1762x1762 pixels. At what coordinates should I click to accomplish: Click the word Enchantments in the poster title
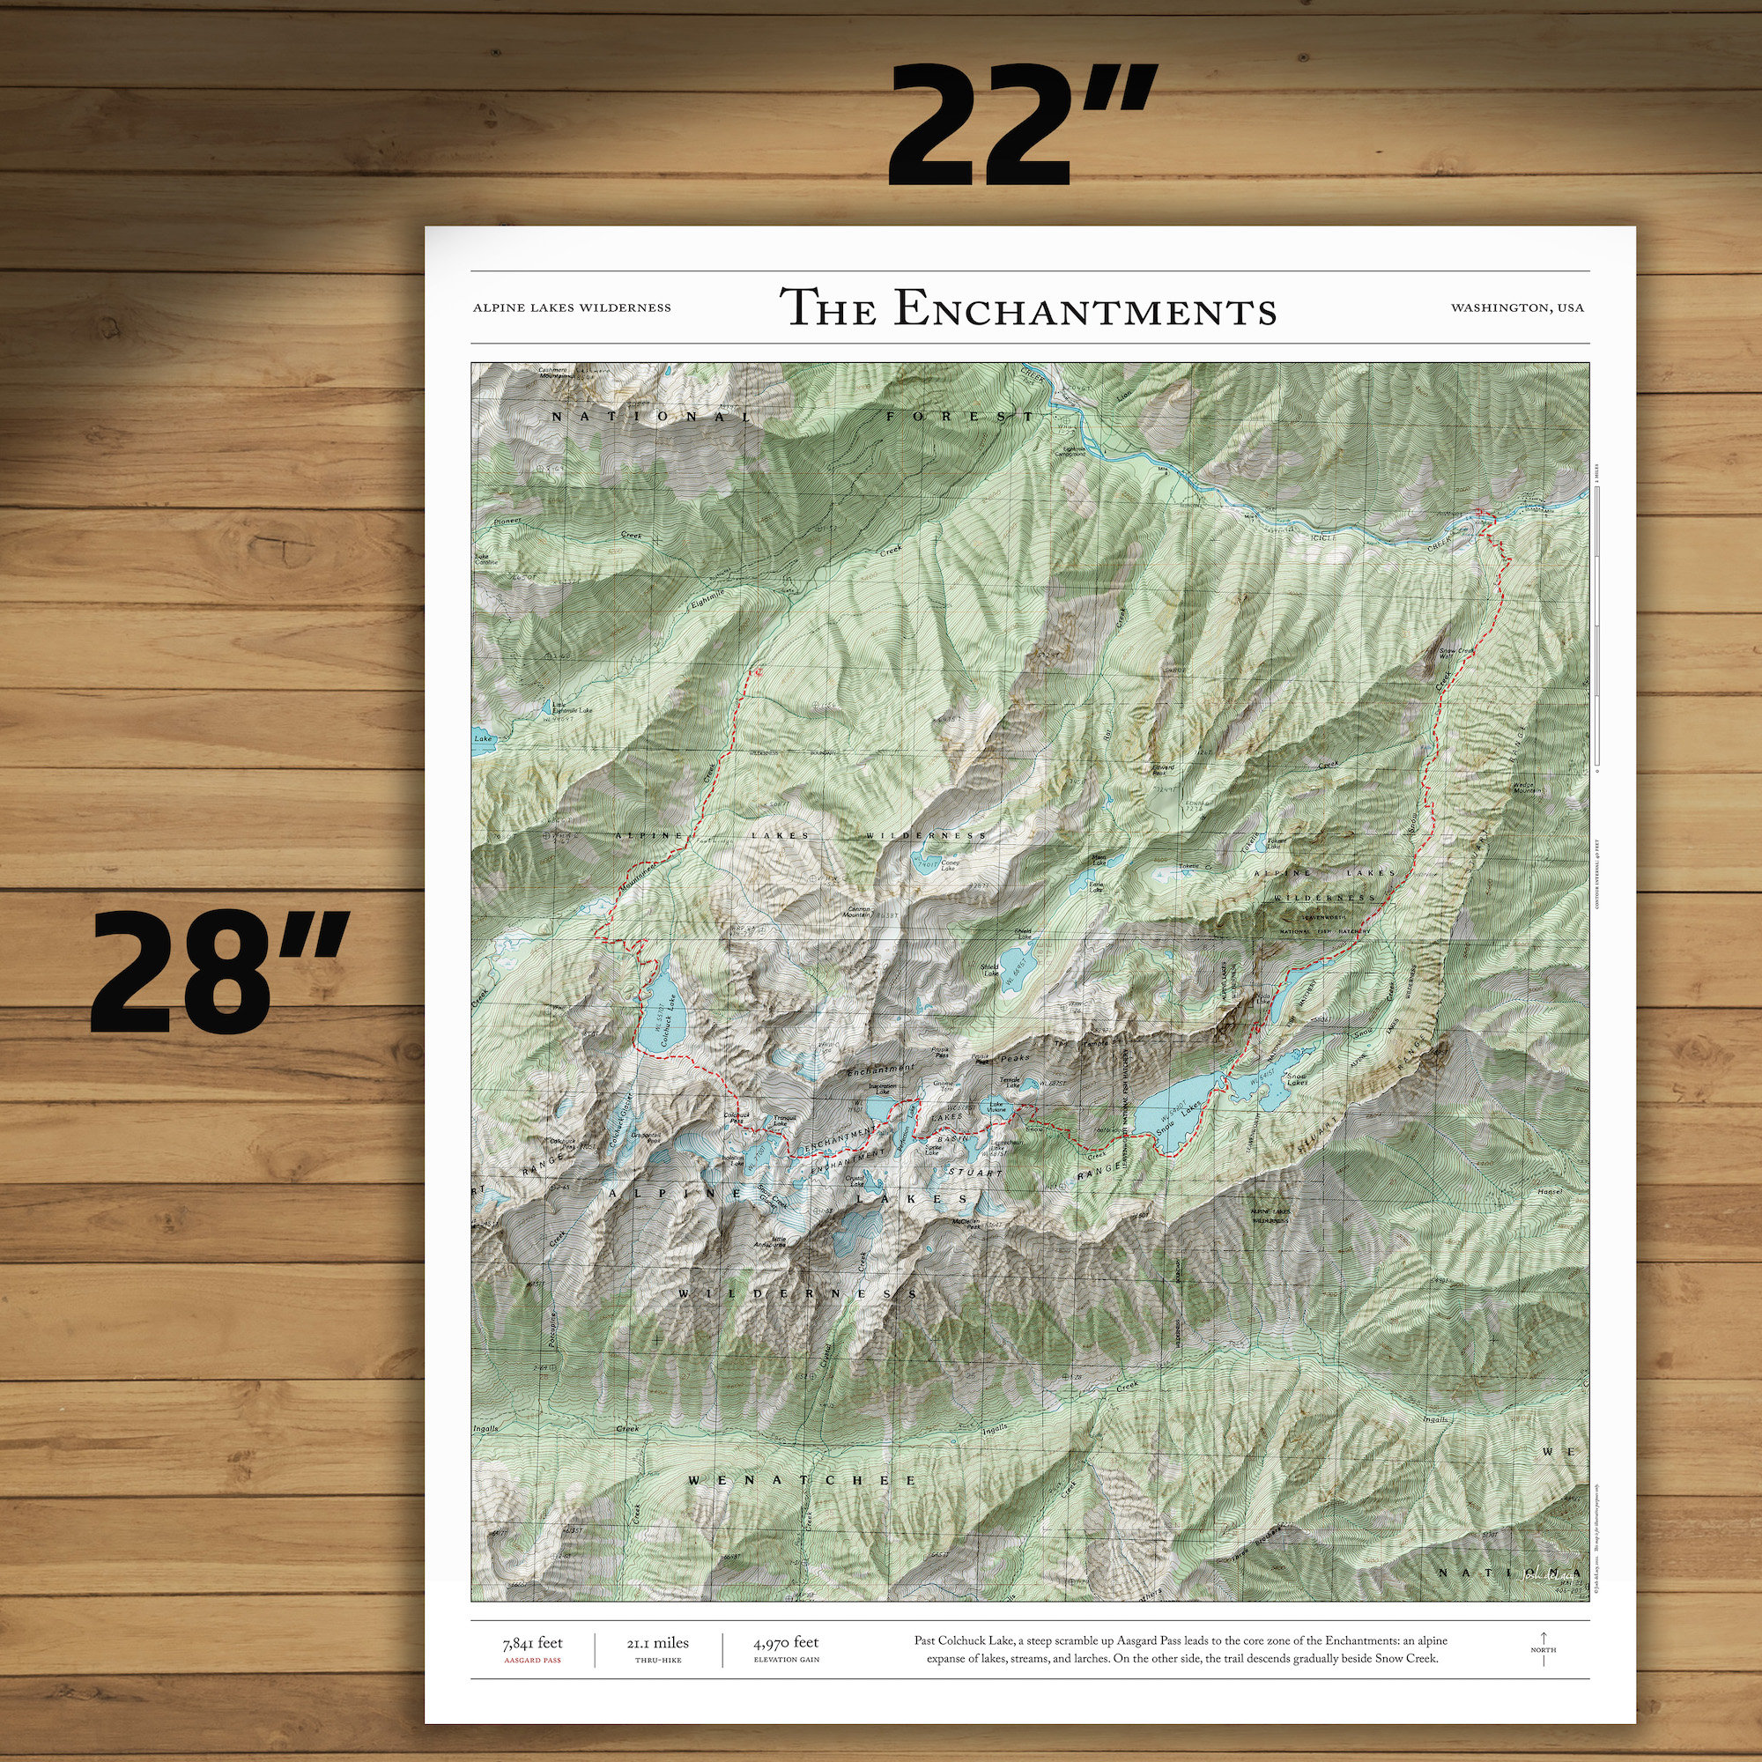1085,308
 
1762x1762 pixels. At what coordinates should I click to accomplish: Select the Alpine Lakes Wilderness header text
572,308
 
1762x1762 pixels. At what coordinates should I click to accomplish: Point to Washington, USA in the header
1517,308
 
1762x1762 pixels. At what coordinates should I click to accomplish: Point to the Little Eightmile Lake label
573,708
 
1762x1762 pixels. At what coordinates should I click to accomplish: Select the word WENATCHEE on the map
803,1480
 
